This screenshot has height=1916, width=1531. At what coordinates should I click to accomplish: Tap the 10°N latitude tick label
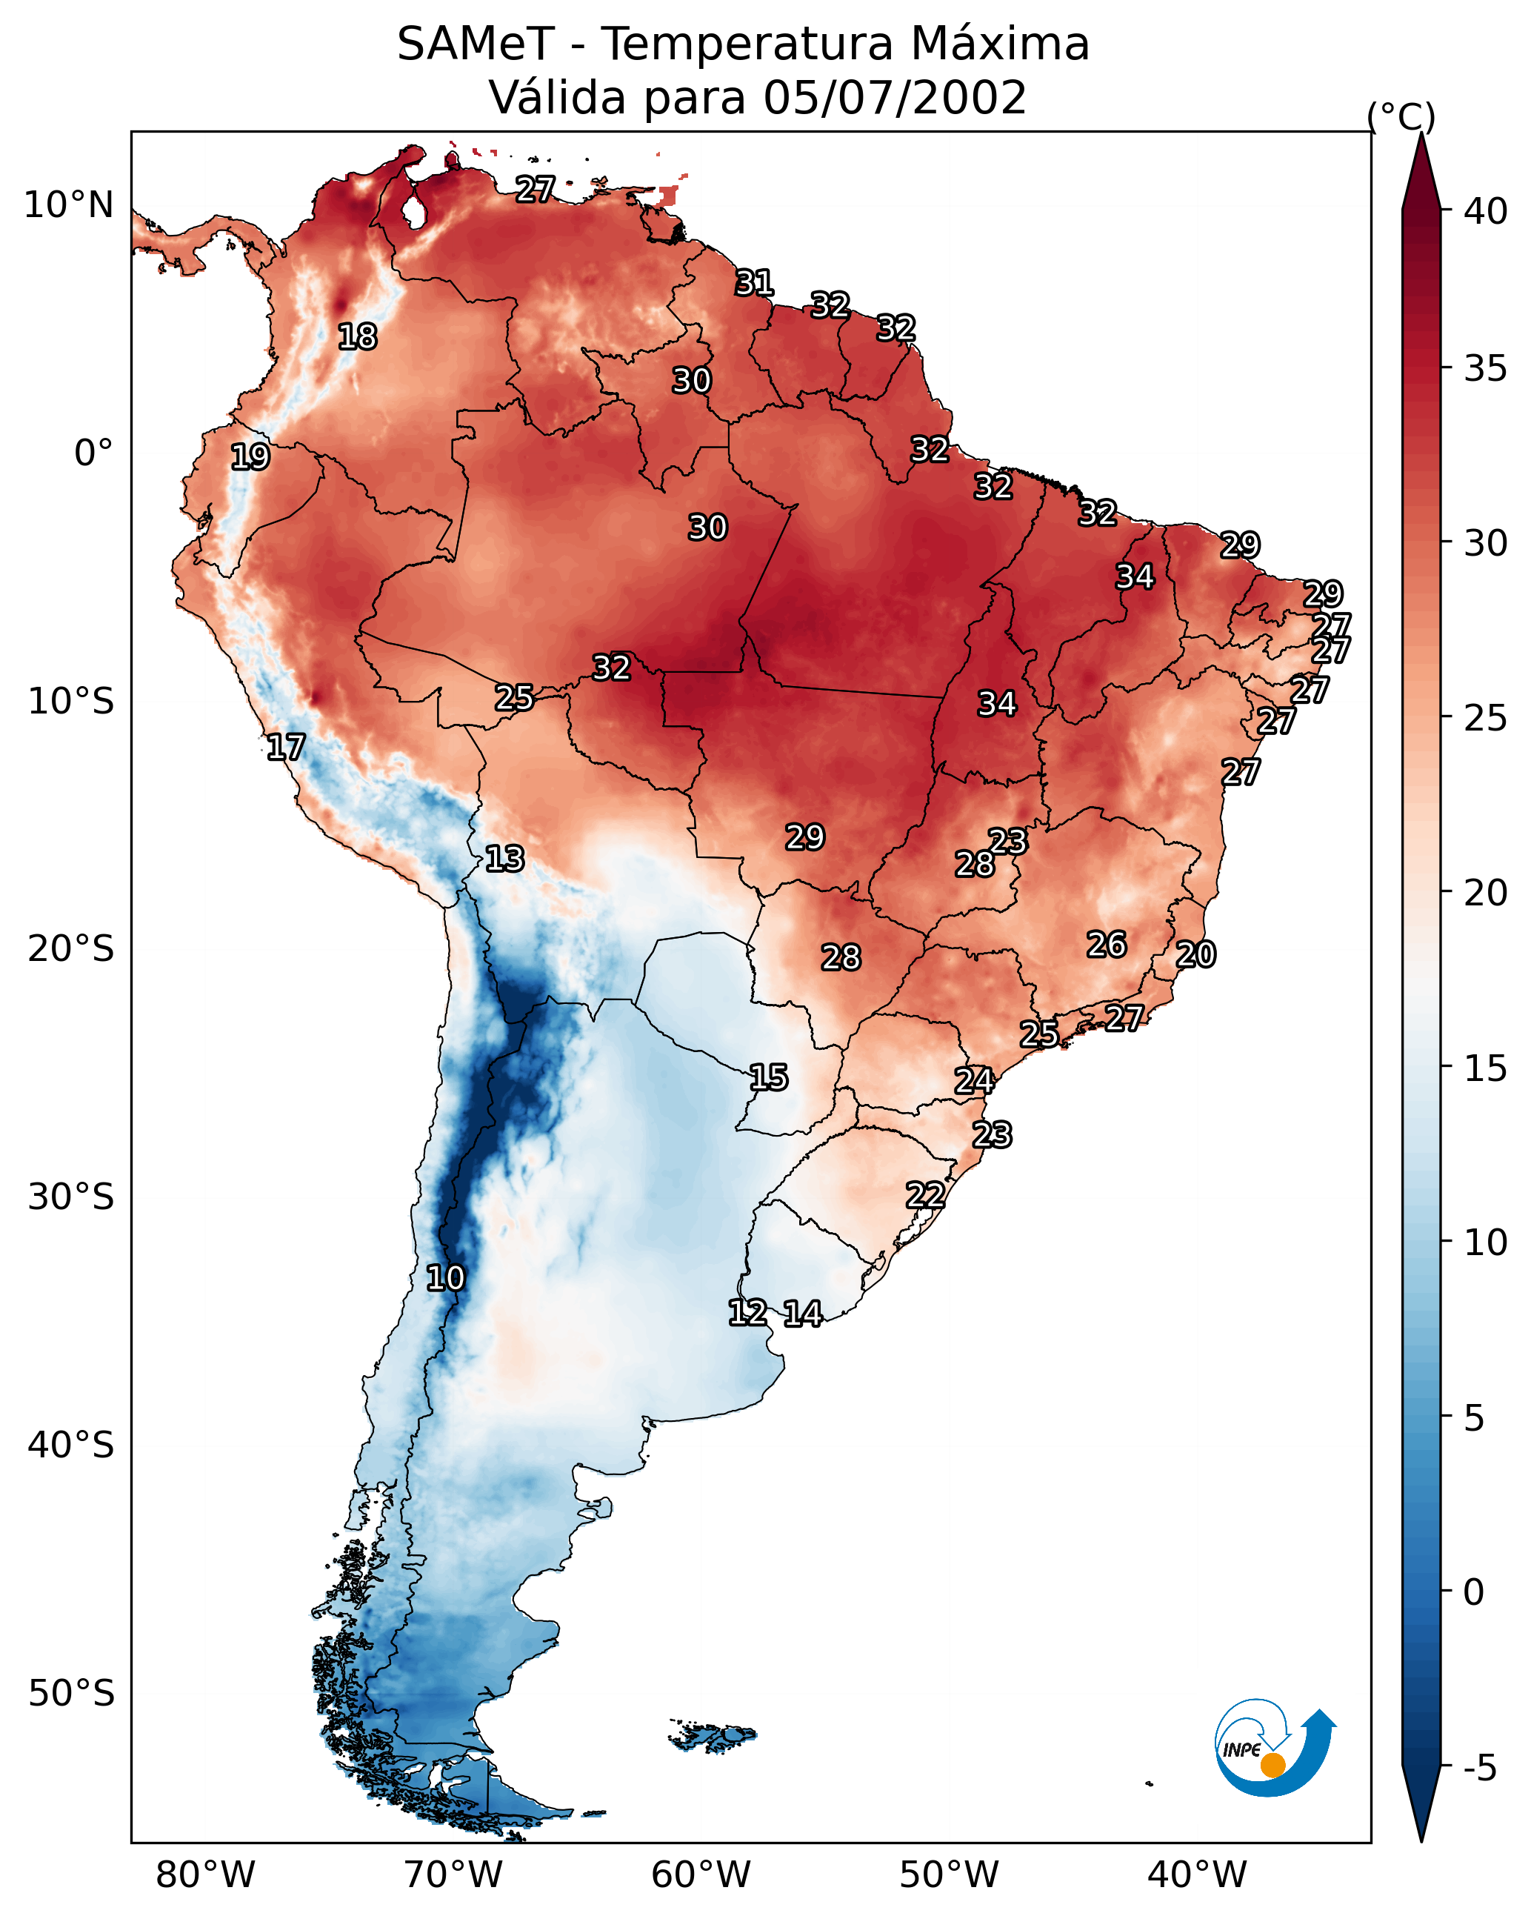pos(68,205)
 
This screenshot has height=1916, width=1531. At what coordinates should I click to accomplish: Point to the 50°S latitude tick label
pos(71,1693)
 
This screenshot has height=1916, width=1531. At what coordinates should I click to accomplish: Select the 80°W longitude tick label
pos(205,1875)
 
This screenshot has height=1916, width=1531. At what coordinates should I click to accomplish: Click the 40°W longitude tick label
pos(1197,1875)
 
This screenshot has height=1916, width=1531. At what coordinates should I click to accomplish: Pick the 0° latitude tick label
pos(93,453)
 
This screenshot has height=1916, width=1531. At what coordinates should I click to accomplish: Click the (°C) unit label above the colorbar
pos(1401,116)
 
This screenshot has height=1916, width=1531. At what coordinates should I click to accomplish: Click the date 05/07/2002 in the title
pos(895,98)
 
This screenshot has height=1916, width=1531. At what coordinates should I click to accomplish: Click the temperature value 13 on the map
pos(504,859)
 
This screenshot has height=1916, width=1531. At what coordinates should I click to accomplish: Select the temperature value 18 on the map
pos(357,337)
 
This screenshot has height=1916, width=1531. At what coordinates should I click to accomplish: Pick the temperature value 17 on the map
pos(286,748)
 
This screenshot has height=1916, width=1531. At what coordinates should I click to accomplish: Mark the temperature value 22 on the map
pos(925,1195)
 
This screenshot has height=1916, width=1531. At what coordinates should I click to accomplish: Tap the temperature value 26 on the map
pos(1107,945)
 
